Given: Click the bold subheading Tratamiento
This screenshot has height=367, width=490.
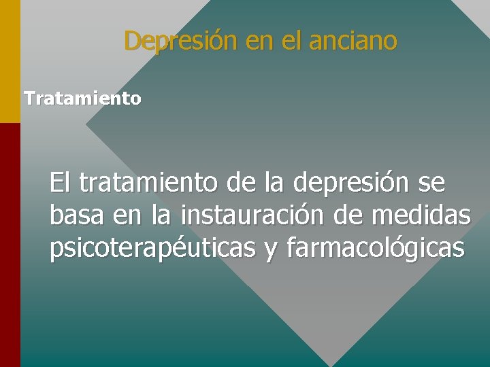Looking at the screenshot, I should [x=82, y=99].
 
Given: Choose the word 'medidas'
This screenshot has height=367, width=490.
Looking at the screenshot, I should [x=421, y=216].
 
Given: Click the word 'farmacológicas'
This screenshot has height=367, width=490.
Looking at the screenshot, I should [x=376, y=249].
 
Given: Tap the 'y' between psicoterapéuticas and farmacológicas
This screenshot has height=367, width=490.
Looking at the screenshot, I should [x=270, y=251].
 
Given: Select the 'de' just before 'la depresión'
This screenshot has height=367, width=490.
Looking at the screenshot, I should [x=233, y=183].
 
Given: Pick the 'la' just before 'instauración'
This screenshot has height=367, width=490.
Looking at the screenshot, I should [x=161, y=216].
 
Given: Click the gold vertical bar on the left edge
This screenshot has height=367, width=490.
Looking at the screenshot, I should [x=10, y=61].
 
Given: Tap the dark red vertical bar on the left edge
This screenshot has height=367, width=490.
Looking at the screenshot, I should [x=10, y=245].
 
